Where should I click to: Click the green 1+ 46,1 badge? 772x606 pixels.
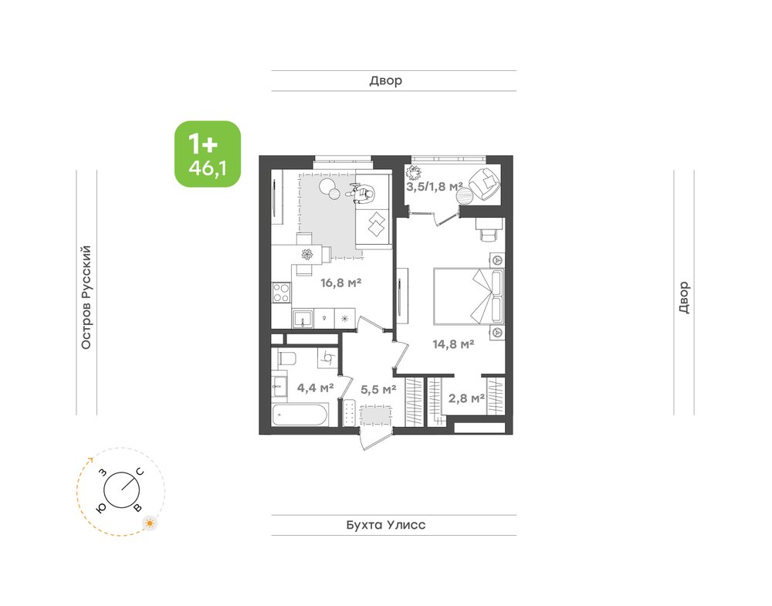click(208, 154)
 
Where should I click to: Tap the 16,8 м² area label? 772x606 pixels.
click(340, 283)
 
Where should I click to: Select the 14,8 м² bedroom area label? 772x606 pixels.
click(453, 344)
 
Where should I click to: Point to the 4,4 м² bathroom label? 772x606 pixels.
click(315, 388)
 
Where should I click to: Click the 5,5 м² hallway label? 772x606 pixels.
click(378, 389)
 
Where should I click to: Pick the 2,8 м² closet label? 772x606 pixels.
click(466, 398)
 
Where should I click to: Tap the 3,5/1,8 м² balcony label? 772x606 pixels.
click(434, 187)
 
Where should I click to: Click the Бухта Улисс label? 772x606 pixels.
click(385, 525)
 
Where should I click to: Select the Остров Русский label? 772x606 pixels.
click(86, 297)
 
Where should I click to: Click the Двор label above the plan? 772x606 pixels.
click(385, 80)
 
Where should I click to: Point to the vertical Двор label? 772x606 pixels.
click(684, 297)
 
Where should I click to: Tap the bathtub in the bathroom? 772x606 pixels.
click(300, 415)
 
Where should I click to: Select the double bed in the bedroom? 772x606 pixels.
click(469, 296)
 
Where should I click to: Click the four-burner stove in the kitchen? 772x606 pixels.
click(281, 292)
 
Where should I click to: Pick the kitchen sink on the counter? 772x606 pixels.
click(303, 319)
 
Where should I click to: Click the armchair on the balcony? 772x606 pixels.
click(485, 183)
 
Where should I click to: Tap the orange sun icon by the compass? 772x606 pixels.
click(150, 523)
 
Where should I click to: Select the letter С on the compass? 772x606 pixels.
click(141, 472)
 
